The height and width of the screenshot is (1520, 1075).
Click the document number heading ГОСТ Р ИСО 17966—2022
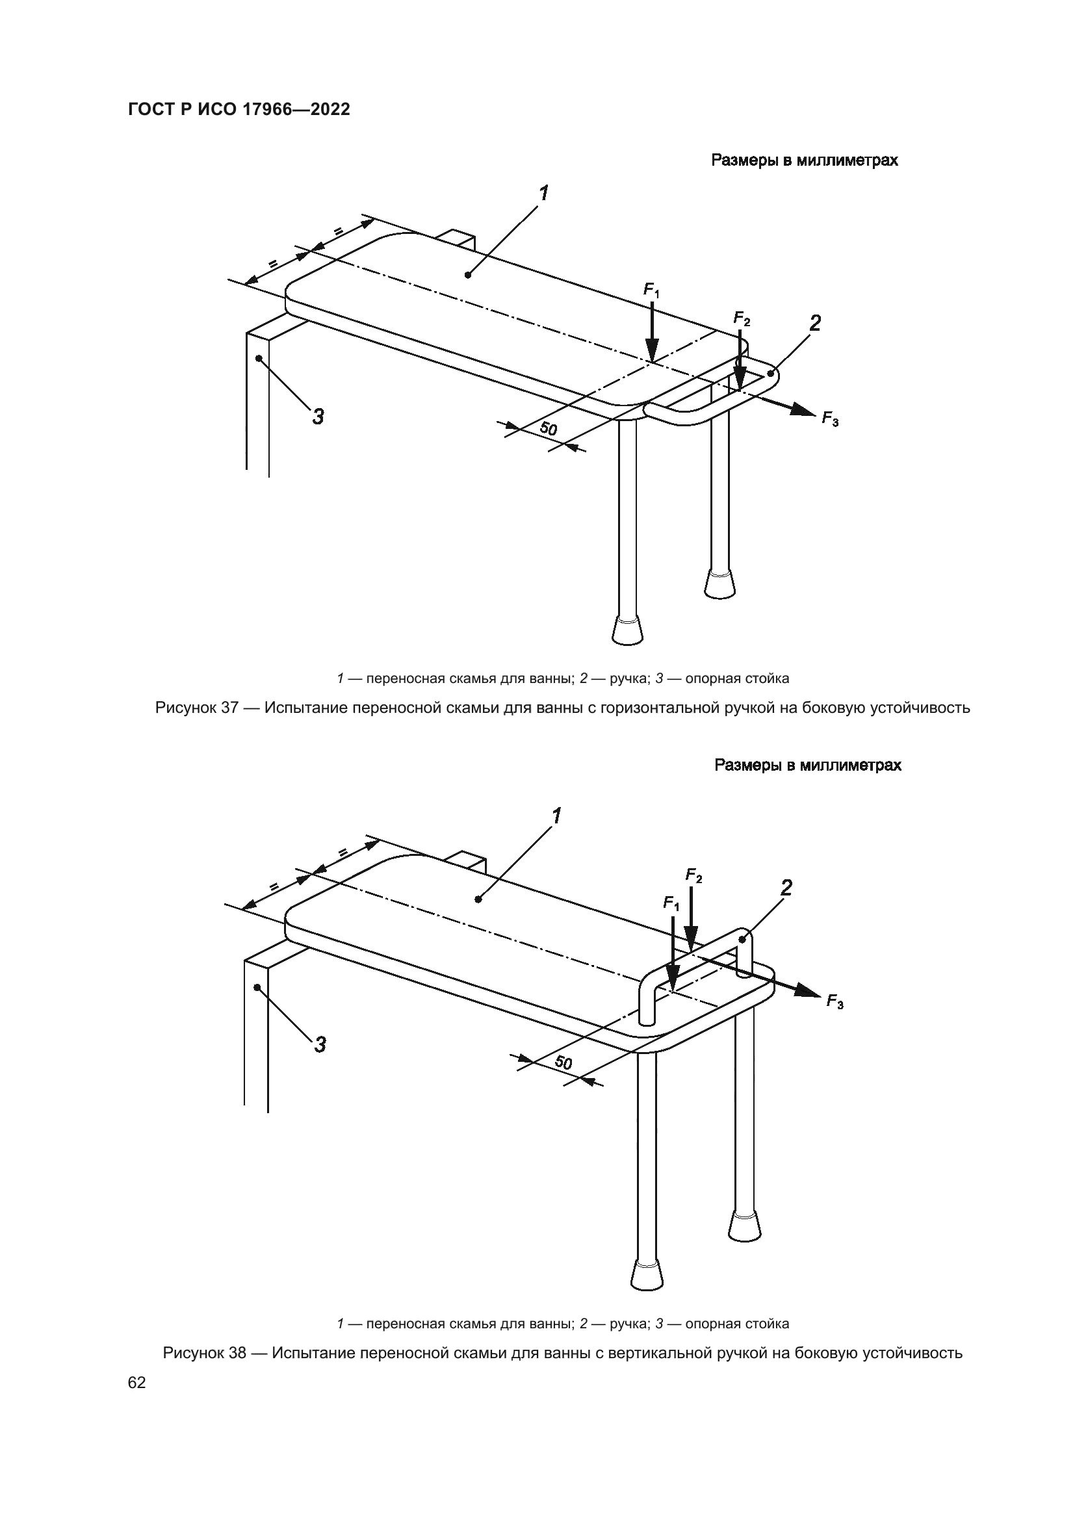(x=239, y=110)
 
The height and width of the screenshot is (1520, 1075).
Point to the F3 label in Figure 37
(x=830, y=419)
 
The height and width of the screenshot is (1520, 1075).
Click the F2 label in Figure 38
(x=693, y=876)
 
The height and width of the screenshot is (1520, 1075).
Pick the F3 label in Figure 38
(x=835, y=1001)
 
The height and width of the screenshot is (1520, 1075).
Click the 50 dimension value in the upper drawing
(x=548, y=429)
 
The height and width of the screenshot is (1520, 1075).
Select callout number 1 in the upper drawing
(x=543, y=193)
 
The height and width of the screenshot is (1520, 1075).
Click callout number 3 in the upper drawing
(x=318, y=417)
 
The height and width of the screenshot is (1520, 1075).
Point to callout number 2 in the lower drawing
(x=786, y=888)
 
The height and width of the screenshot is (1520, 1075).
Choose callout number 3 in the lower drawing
(x=320, y=1045)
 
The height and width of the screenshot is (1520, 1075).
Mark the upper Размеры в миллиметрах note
(x=804, y=161)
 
